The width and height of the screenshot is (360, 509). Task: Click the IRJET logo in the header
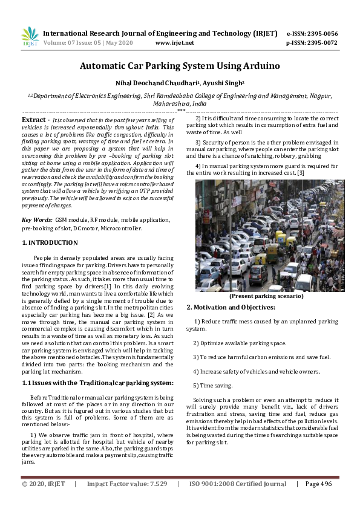(30, 37)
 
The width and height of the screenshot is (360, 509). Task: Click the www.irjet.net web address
(175, 43)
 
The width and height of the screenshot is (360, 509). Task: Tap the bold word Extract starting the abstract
(34, 120)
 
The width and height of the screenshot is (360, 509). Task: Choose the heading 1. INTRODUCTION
(50, 242)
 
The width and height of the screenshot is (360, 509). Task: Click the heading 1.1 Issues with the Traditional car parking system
(97, 383)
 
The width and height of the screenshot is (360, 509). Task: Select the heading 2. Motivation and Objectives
(231, 307)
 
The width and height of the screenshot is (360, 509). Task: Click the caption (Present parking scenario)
(266, 296)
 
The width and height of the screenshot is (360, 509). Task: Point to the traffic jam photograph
(266, 235)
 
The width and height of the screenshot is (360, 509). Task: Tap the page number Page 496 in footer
(318, 484)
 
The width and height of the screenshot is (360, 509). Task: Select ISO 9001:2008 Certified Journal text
(238, 484)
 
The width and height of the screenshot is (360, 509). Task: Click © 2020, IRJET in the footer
(43, 484)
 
